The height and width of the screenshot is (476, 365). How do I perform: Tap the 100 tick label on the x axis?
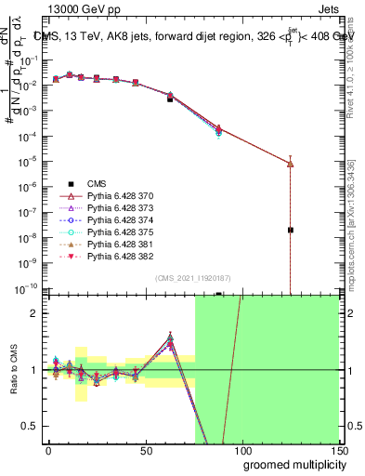point(241,451)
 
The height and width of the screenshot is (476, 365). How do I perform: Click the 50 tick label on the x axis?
point(145,451)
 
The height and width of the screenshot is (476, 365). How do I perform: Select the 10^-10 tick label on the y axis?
point(28,288)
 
